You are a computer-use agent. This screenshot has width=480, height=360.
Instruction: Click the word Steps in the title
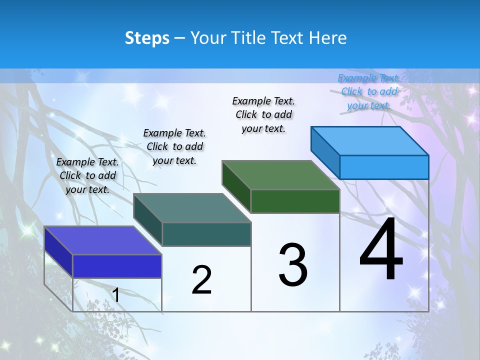click(x=147, y=38)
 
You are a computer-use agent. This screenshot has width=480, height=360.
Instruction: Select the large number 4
click(x=381, y=250)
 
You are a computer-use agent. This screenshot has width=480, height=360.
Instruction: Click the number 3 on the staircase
click(x=293, y=265)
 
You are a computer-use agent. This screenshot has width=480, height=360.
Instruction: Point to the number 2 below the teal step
click(x=201, y=280)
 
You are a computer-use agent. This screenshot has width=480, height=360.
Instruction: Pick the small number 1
click(x=116, y=295)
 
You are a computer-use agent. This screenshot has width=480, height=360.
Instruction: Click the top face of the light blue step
click(x=370, y=140)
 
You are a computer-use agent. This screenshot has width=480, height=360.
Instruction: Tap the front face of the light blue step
click(x=384, y=167)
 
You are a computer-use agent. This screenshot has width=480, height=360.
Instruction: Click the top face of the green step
click(x=281, y=175)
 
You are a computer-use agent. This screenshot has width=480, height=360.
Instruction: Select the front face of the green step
click(x=295, y=201)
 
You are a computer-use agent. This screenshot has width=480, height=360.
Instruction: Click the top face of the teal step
click(x=192, y=208)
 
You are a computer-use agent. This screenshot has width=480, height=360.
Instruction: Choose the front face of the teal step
click(x=206, y=234)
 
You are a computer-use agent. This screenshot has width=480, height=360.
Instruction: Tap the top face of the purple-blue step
click(x=103, y=240)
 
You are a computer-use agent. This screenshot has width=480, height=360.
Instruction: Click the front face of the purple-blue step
click(x=117, y=266)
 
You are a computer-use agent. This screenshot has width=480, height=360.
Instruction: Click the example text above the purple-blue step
click(x=88, y=175)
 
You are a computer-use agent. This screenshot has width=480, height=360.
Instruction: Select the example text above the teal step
click(x=174, y=146)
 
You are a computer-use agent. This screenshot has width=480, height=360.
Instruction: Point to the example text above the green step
click(x=263, y=114)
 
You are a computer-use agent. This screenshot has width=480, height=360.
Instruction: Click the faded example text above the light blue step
click(x=369, y=91)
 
